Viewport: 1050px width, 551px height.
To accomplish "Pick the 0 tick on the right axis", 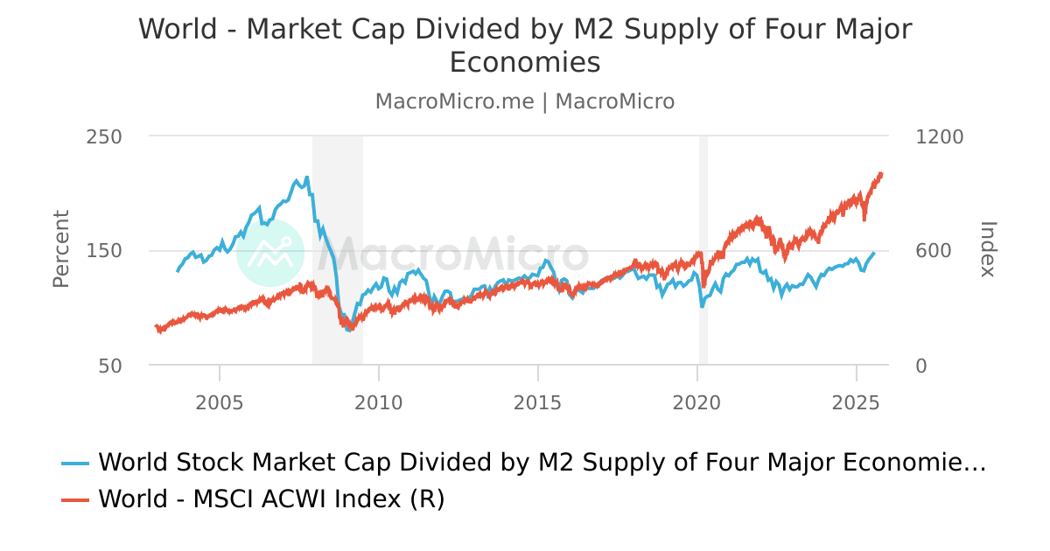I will tap(920, 366).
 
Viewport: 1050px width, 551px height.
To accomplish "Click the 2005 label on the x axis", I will tap(219, 403).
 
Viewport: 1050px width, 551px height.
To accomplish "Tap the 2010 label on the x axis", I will tap(378, 403).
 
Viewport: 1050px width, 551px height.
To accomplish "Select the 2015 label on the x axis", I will tap(537, 403).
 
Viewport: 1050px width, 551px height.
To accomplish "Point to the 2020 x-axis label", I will tap(696, 403).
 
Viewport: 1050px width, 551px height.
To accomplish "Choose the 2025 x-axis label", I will tap(856, 403).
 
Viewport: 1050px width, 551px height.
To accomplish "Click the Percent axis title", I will tap(60, 249).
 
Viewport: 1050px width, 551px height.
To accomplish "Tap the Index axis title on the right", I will tap(987, 249).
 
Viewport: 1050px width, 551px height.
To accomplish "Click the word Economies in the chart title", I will tap(525, 63).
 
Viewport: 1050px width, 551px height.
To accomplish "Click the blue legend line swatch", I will tap(75, 463).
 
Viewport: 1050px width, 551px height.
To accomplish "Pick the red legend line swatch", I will tap(75, 499).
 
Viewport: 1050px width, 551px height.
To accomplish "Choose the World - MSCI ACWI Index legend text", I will tap(271, 499).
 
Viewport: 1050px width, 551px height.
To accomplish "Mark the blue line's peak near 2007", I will tap(306, 178).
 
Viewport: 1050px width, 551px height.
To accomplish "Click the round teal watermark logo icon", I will tap(270, 252).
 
